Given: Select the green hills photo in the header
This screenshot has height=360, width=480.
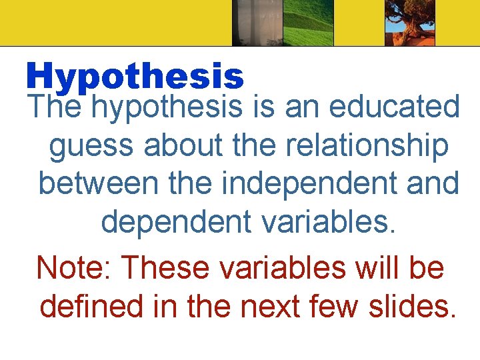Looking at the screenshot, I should click(307, 23).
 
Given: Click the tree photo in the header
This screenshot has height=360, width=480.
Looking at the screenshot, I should click(409, 23).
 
